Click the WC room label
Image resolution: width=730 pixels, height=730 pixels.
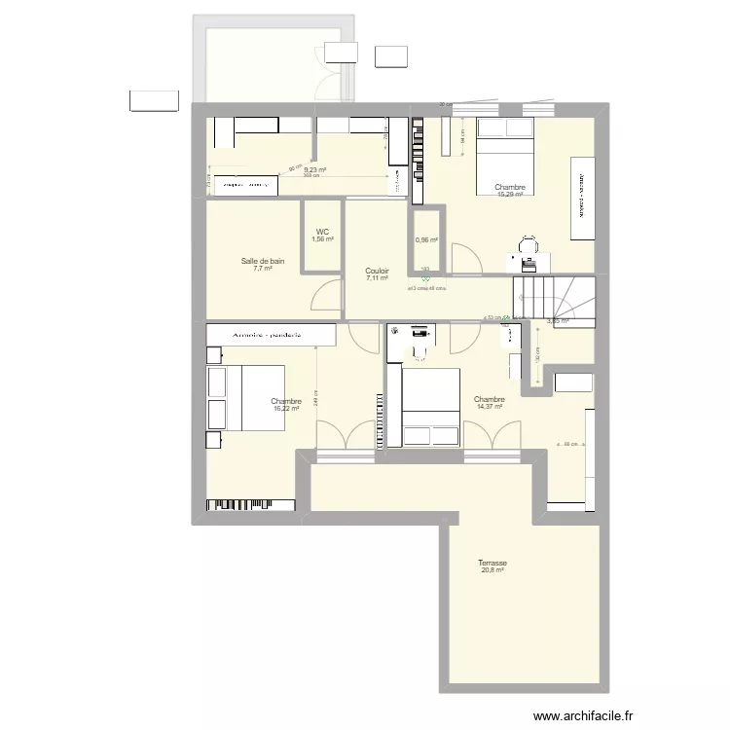[x=322, y=232]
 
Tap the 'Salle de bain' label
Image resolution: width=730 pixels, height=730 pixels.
[x=263, y=261]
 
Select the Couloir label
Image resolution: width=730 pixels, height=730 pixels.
[x=377, y=271]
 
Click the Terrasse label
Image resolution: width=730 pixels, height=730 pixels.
[x=492, y=563]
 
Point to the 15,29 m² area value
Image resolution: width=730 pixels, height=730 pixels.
[x=510, y=195]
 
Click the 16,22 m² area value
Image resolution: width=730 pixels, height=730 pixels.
[x=286, y=409]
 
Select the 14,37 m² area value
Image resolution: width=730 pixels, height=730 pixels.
[x=489, y=407]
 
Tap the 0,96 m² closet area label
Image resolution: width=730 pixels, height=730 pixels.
[x=426, y=240]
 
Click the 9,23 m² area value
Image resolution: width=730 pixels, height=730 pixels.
[x=314, y=169]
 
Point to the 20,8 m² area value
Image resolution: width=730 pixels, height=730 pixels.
[x=492, y=570]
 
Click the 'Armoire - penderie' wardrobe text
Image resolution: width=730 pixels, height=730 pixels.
[x=271, y=334]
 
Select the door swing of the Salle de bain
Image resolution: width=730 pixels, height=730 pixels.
[x=328, y=295]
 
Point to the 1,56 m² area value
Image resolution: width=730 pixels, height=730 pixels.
[x=322, y=239]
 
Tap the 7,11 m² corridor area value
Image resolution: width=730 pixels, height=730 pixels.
[x=377, y=278]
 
